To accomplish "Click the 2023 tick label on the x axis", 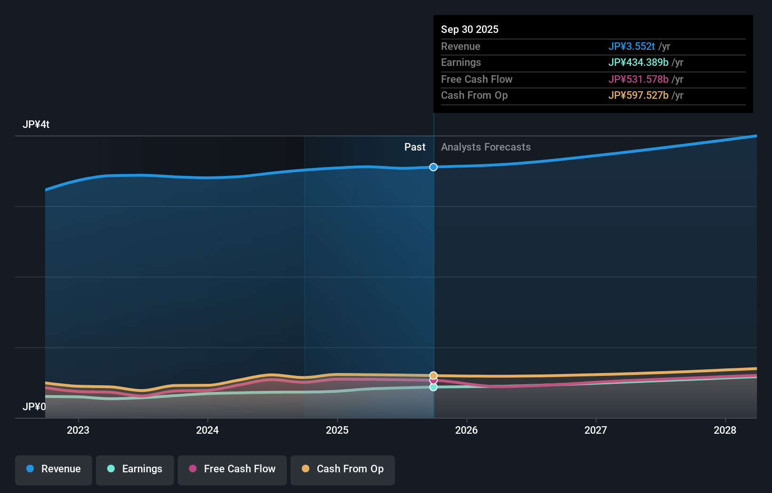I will click(x=78, y=430).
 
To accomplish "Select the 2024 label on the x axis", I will click(x=207, y=430).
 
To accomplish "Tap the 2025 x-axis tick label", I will click(x=337, y=430).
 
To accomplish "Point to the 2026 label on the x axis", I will click(x=466, y=430).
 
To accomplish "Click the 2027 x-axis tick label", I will click(x=596, y=430).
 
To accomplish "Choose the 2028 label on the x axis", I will click(x=725, y=430).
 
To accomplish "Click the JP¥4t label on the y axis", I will click(x=36, y=125).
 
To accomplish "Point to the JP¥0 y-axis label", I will click(x=34, y=406).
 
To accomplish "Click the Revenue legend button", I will click(x=54, y=469).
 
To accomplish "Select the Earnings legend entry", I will click(x=135, y=469).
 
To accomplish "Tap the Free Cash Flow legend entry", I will click(x=232, y=469).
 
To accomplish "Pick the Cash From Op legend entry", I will click(x=343, y=469).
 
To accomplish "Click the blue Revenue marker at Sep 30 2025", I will click(x=433, y=167).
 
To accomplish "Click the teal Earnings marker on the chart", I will click(x=433, y=387).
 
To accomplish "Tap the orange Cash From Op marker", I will click(x=433, y=375).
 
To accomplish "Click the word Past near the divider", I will click(x=415, y=147).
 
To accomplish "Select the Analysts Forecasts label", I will click(x=486, y=147).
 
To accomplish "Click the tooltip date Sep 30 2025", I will click(x=470, y=29).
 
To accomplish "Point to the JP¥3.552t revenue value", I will click(x=631, y=47).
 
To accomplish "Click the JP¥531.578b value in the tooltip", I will click(x=638, y=80).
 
